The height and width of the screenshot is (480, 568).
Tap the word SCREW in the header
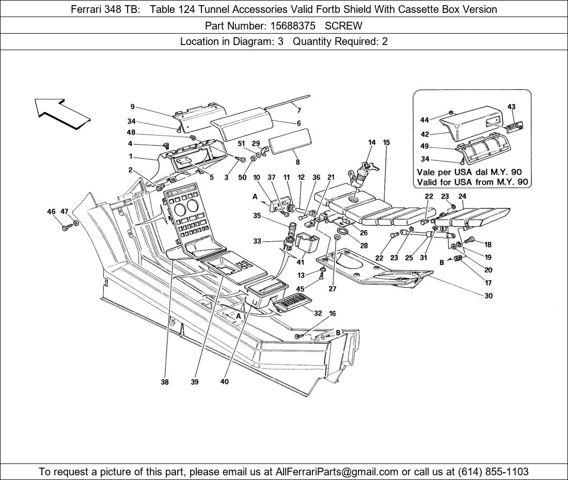[343, 25]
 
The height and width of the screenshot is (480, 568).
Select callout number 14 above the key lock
[372, 142]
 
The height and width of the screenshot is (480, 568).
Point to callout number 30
[488, 296]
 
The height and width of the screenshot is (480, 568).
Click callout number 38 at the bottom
[164, 382]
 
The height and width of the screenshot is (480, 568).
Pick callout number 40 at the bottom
[224, 382]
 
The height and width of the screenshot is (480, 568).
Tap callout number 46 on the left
[51, 212]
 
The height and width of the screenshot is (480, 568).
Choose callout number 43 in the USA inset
[511, 107]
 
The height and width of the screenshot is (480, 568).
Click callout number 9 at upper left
[133, 107]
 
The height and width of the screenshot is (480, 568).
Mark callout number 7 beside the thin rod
[298, 110]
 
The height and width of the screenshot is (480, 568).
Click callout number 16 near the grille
[332, 314]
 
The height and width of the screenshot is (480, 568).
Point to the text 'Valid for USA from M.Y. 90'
[472, 182]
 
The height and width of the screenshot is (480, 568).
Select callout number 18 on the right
[488, 244]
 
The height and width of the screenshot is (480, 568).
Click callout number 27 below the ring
[333, 289]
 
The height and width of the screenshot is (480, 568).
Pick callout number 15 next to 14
[387, 142]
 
